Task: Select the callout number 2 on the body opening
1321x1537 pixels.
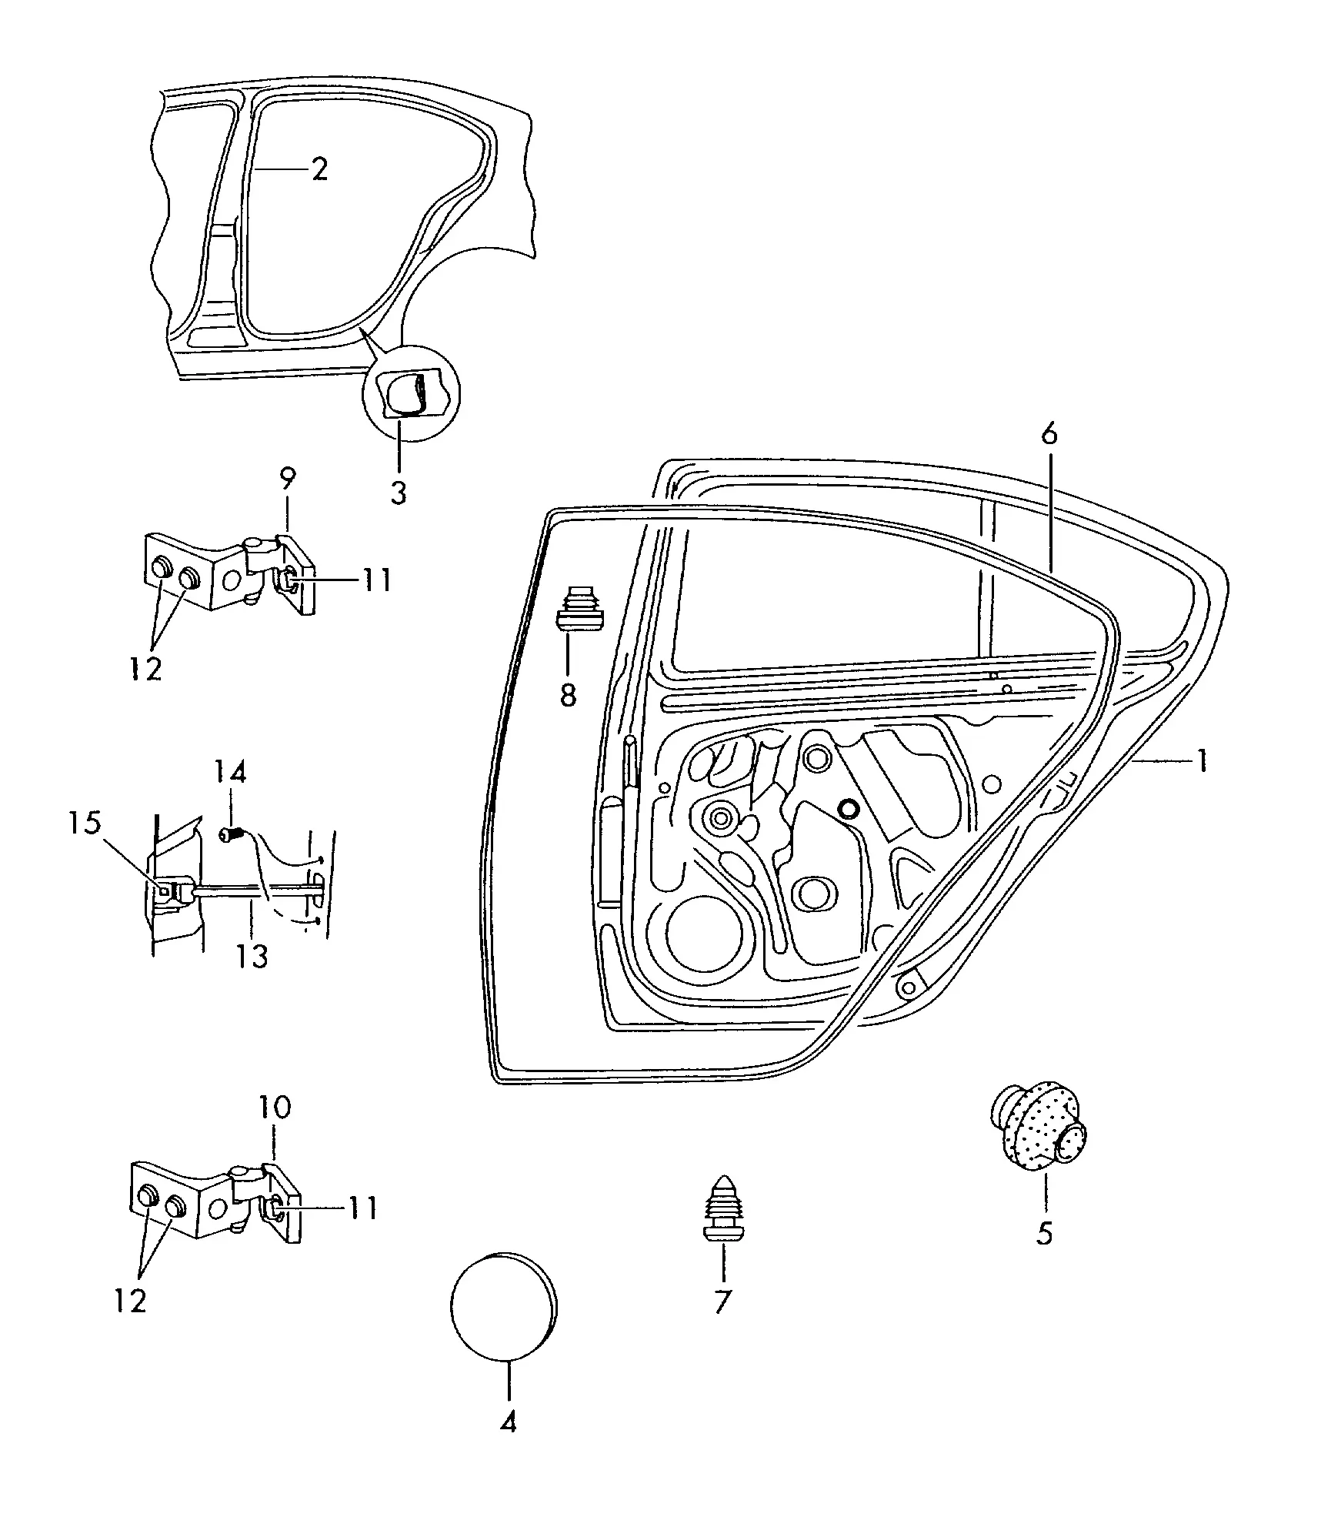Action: click(320, 169)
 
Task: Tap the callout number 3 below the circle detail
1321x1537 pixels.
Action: click(398, 492)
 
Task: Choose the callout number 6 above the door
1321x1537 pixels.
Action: click(1049, 436)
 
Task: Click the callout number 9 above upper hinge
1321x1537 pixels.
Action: click(286, 479)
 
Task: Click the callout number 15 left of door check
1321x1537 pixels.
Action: click(85, 823)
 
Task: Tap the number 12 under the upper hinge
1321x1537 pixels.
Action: click(146, 669)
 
